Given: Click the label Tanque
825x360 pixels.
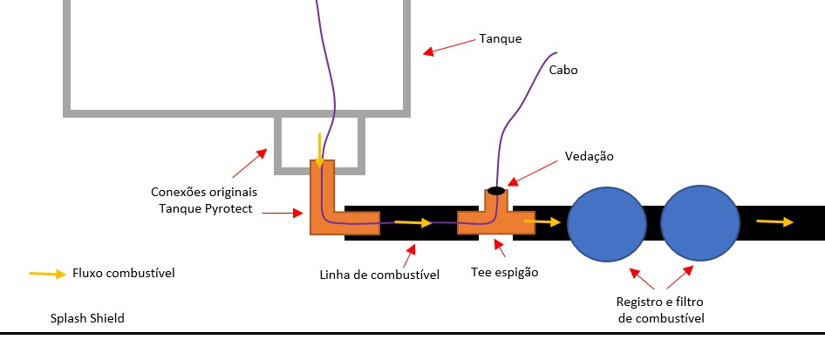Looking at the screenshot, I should [x=501, y=39].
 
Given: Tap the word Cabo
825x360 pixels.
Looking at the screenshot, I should [x=563, y=70].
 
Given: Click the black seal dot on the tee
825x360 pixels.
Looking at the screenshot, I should [x=495, y=190].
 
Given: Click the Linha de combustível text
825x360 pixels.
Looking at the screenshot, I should [x=379, y=275].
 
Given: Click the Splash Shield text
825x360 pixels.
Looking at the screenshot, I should [x=87, y=318].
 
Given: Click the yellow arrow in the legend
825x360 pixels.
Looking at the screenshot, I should [x=48, y=274].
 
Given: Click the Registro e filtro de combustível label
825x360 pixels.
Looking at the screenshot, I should [x=660, y=311].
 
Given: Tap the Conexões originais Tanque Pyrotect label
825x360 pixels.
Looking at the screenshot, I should [x=203, y=200].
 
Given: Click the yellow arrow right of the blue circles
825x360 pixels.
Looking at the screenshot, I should [x=774, y=221].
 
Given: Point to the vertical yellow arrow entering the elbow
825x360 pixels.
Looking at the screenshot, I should [x=320, y=150].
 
